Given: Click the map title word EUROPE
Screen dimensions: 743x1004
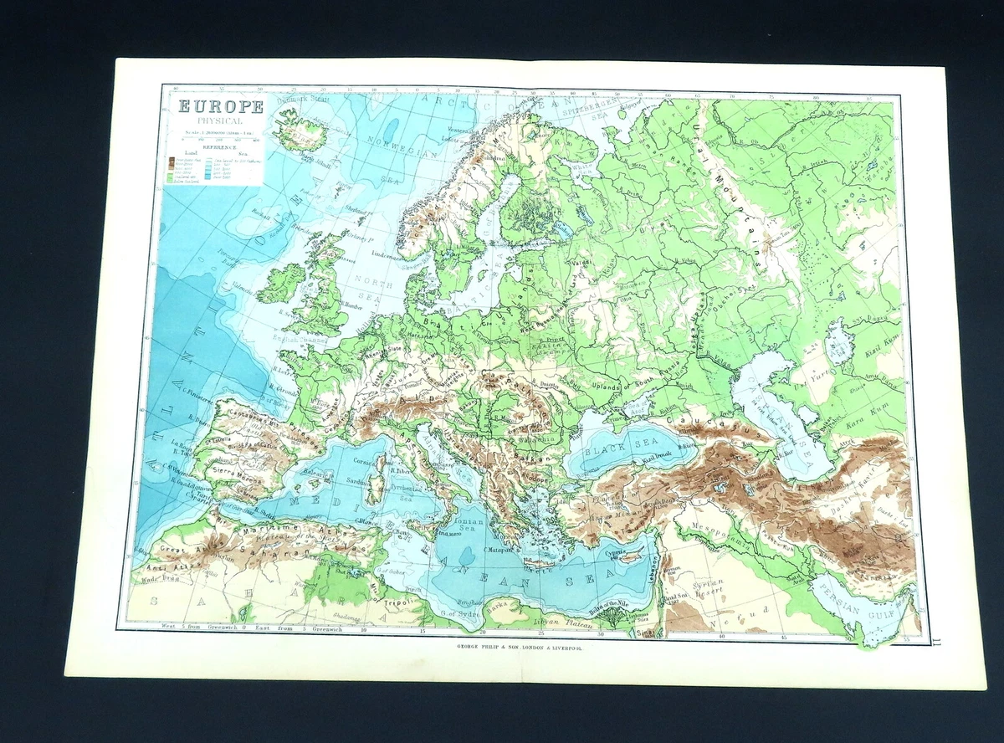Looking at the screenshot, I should click(217, 107).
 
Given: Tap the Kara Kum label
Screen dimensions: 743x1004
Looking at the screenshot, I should click(870, 435).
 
